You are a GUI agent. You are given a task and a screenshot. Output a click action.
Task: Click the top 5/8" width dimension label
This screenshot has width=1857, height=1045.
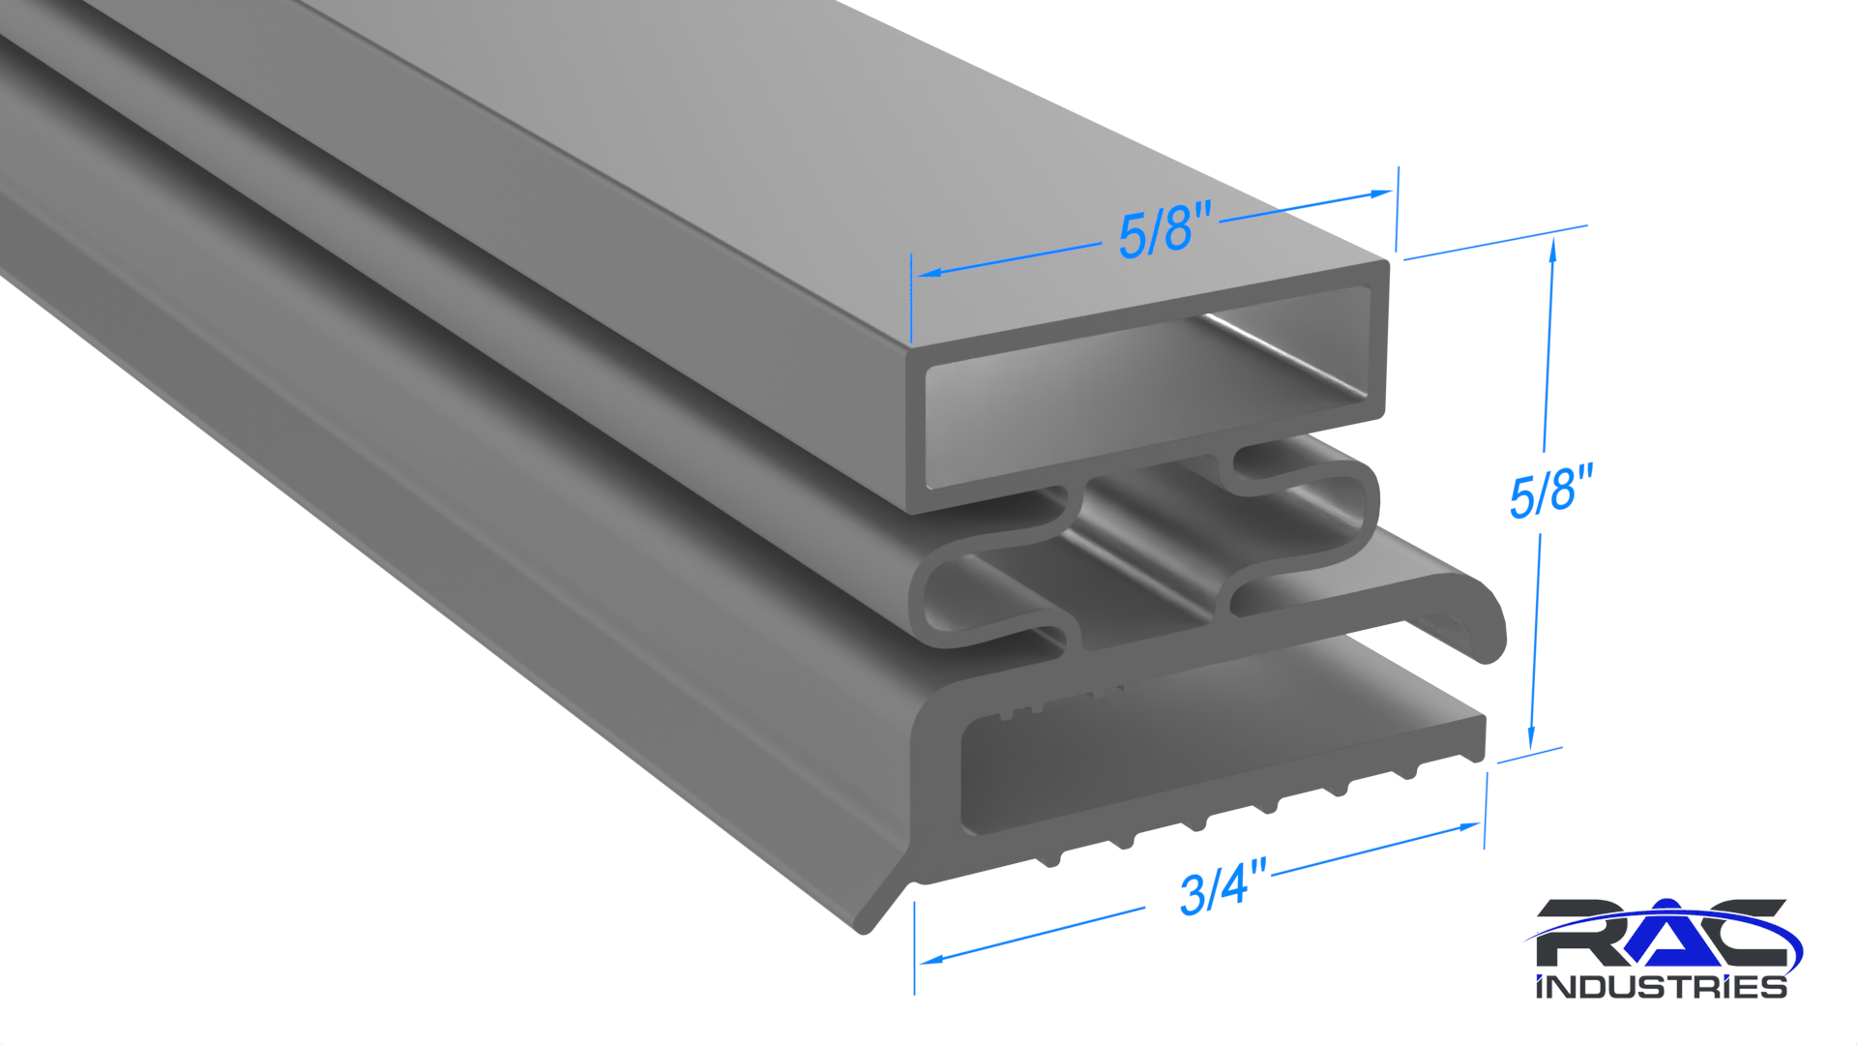coord(1164,231)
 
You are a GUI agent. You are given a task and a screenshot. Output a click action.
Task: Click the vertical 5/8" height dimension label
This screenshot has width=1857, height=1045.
coord(1551,491)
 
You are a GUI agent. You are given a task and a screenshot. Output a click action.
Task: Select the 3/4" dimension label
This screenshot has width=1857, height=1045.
coord(1223,885)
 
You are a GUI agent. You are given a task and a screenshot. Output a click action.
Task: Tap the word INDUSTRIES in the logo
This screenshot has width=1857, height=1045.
coord(1661,987)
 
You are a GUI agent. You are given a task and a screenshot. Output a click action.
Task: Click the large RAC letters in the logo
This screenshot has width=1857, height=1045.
coord(1661,933)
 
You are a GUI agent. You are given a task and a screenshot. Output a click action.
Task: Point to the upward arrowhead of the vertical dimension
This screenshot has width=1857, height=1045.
coord(1552,250)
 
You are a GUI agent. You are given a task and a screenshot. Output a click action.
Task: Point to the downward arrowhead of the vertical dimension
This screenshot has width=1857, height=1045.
coord(1531,737)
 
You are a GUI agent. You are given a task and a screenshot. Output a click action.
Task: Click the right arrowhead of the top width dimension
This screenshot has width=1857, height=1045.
coord(1379,194)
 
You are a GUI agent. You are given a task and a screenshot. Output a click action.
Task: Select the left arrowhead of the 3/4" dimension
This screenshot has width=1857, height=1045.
coord(931,959)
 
